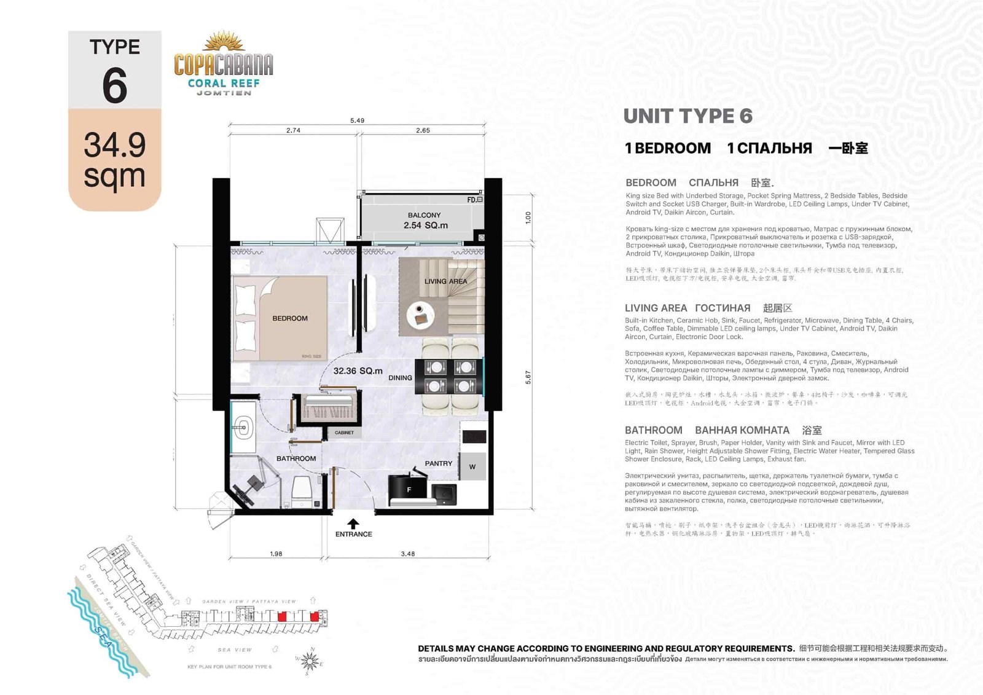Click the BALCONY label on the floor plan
(x=424, y=215)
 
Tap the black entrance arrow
(x=353, y=524)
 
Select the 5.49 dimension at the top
(x=357, y=120)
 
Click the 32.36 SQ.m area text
(x=358, y=371)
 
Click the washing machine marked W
(x=472, y=466)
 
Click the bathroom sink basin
(x=244, y=425)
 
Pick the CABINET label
(x=344, y=433)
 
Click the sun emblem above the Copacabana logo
(x=224, y=42)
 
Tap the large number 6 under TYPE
(x=115, y=86)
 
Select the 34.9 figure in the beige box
(x=115, y=145)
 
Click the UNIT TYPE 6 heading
(x=687, y=116)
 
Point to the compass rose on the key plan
(x=310, y=662)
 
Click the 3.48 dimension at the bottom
(x=407, y=554)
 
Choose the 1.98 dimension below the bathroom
(x=276, y=554)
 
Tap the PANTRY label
(x=438, y=463)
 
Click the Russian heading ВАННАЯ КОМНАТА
(x=742, y=430)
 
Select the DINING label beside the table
(x=400, y=378)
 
